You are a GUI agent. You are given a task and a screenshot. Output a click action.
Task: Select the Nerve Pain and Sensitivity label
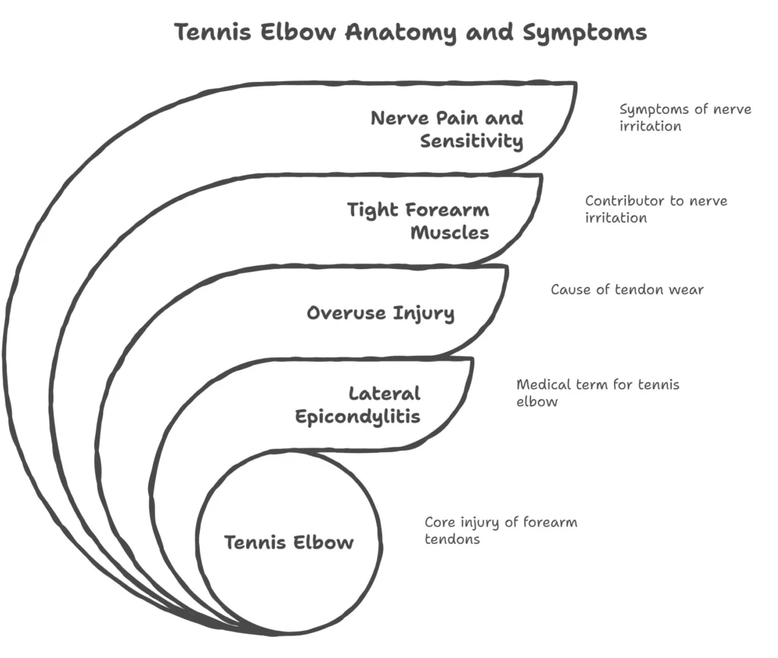point(447,129)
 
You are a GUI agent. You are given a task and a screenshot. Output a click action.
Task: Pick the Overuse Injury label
point(381,312)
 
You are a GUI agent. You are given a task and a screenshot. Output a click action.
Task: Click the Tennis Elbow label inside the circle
point(288,543)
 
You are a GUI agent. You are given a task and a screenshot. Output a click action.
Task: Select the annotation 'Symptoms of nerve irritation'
point(685,117)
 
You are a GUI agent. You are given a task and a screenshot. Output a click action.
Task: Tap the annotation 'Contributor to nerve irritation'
point(656,209)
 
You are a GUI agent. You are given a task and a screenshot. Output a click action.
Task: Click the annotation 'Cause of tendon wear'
point(627,289)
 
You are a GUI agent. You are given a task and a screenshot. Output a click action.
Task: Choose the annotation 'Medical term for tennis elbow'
point(597,392)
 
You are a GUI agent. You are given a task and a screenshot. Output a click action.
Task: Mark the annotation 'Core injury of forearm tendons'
point(500,530)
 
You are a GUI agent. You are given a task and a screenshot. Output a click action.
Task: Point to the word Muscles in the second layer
point(450,233)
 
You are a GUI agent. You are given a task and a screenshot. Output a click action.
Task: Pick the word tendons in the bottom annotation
point(452,539)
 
